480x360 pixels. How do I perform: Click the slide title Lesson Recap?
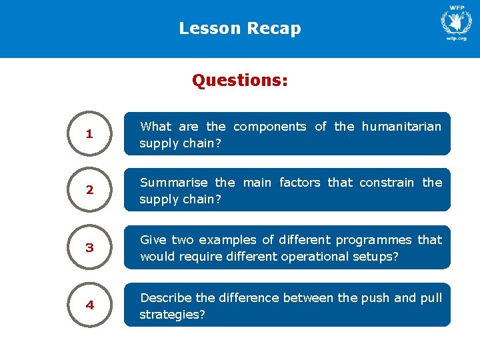click(x=240, y=29)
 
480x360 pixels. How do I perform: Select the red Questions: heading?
click(x=240, y=81)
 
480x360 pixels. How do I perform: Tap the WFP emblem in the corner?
click(x=456, y=21)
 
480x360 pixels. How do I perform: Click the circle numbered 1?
click(x=89, y=134)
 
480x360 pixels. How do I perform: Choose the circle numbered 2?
click(x=89, y=190)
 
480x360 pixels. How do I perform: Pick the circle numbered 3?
click(x=89, y=247)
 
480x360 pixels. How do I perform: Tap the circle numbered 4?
click(x=89, y=305)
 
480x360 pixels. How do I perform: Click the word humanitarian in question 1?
click(x=401, y=126)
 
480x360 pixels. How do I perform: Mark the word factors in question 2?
click(x=300, y=182)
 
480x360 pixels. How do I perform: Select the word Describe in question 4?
click(x=162, y=297)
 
